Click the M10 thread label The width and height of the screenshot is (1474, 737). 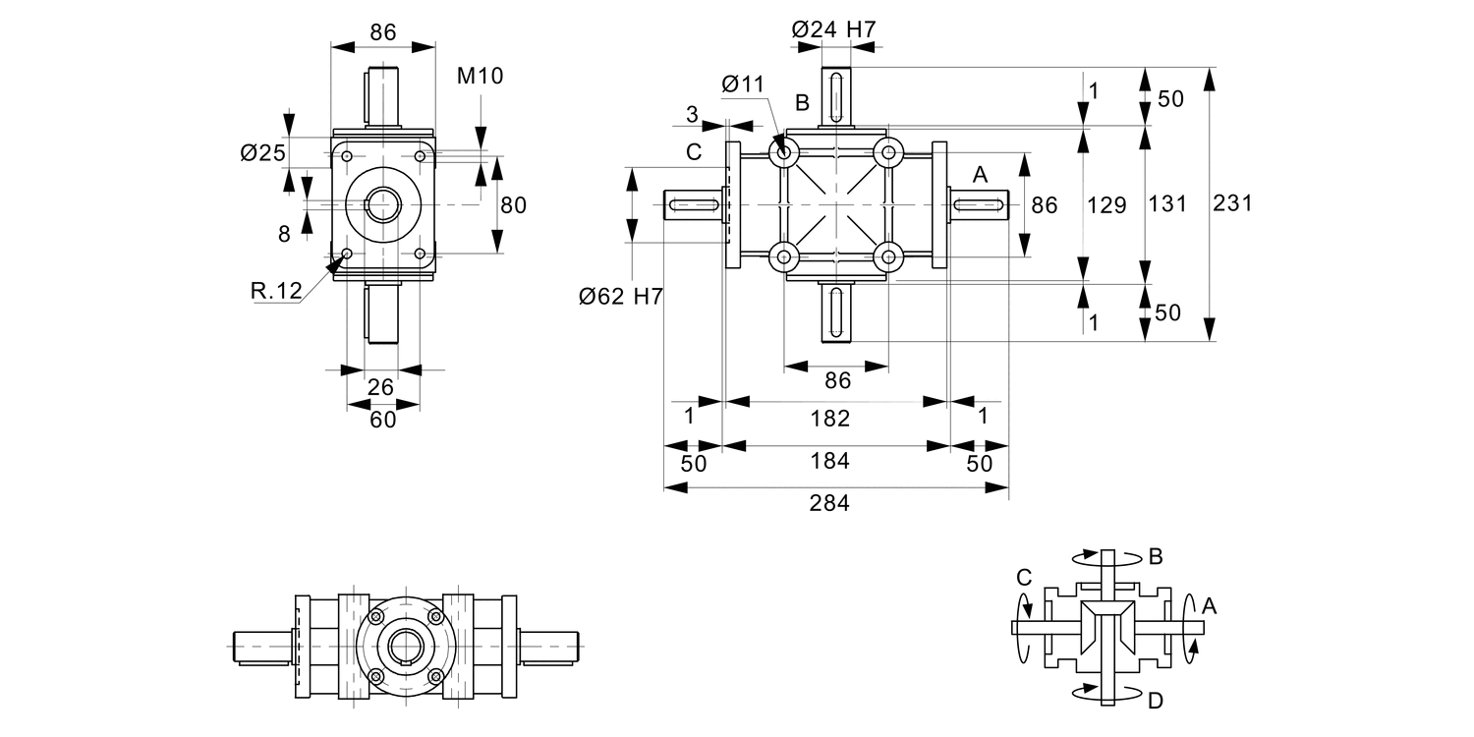click(481, 75)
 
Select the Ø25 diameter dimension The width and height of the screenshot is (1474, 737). click(262, 152)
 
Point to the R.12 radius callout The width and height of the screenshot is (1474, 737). click(275, 291)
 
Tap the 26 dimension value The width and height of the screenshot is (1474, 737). click(381, 387)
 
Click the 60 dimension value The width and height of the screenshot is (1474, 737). click(382, 420)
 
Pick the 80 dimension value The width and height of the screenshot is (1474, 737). click(513, 205)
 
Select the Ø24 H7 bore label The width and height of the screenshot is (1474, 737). click(833, 30)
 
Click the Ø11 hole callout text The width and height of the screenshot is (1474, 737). click(742, 85)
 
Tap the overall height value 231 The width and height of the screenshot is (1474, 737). click(1232, 203)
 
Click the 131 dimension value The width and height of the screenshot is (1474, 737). click(1168, 203)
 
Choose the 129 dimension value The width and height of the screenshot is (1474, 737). click(1106, 203)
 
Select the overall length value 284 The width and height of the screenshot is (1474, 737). click(829, 504)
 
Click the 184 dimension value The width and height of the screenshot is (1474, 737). click(829, 461)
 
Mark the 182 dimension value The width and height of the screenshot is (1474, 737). click(829, 419)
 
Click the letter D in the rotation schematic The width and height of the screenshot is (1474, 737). click(1156, 701)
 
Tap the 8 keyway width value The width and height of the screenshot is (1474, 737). click(284, 234)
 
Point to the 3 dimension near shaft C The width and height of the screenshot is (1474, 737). click(692, 115)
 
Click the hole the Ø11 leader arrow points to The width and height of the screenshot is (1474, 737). click(784, 152)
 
